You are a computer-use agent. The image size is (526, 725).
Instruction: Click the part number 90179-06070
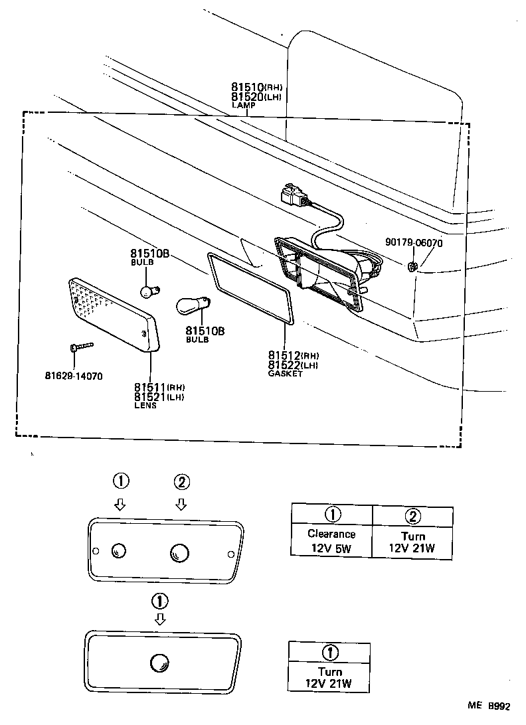pyautogui.click(x=414, y=243)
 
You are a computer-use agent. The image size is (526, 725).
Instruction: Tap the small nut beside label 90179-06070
pyautogui.click(x=412, y=267)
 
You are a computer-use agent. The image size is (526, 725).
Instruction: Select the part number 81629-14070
pyautogui.click(x=74, y=375)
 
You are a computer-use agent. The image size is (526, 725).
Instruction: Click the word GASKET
pyautogui.click(x=285, y=374)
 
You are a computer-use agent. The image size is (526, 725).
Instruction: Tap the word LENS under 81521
pyautogui.click(x=145, y=406)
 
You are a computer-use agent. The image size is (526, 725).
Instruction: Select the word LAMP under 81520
pyautogui.click(x=243, y=105)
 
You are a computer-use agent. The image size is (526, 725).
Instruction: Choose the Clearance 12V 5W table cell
pyautogui.click(x=331, y=541)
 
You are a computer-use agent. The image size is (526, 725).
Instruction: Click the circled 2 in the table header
pyautogui.click(x=412, y=515)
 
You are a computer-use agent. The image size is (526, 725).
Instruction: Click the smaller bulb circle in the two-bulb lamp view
pyautogui.click(x=120, y=550)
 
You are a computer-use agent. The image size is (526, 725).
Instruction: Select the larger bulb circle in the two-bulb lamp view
pyautogui.click(x=179, y=552)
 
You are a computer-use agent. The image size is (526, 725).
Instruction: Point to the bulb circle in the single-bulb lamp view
pyautogui.click(x=159, y=661)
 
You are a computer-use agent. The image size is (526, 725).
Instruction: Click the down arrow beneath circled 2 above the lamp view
pyautogui.click(x=181, y=505)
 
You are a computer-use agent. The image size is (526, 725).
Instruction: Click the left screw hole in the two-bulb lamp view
pyautogui.click(x=96, y=551)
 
